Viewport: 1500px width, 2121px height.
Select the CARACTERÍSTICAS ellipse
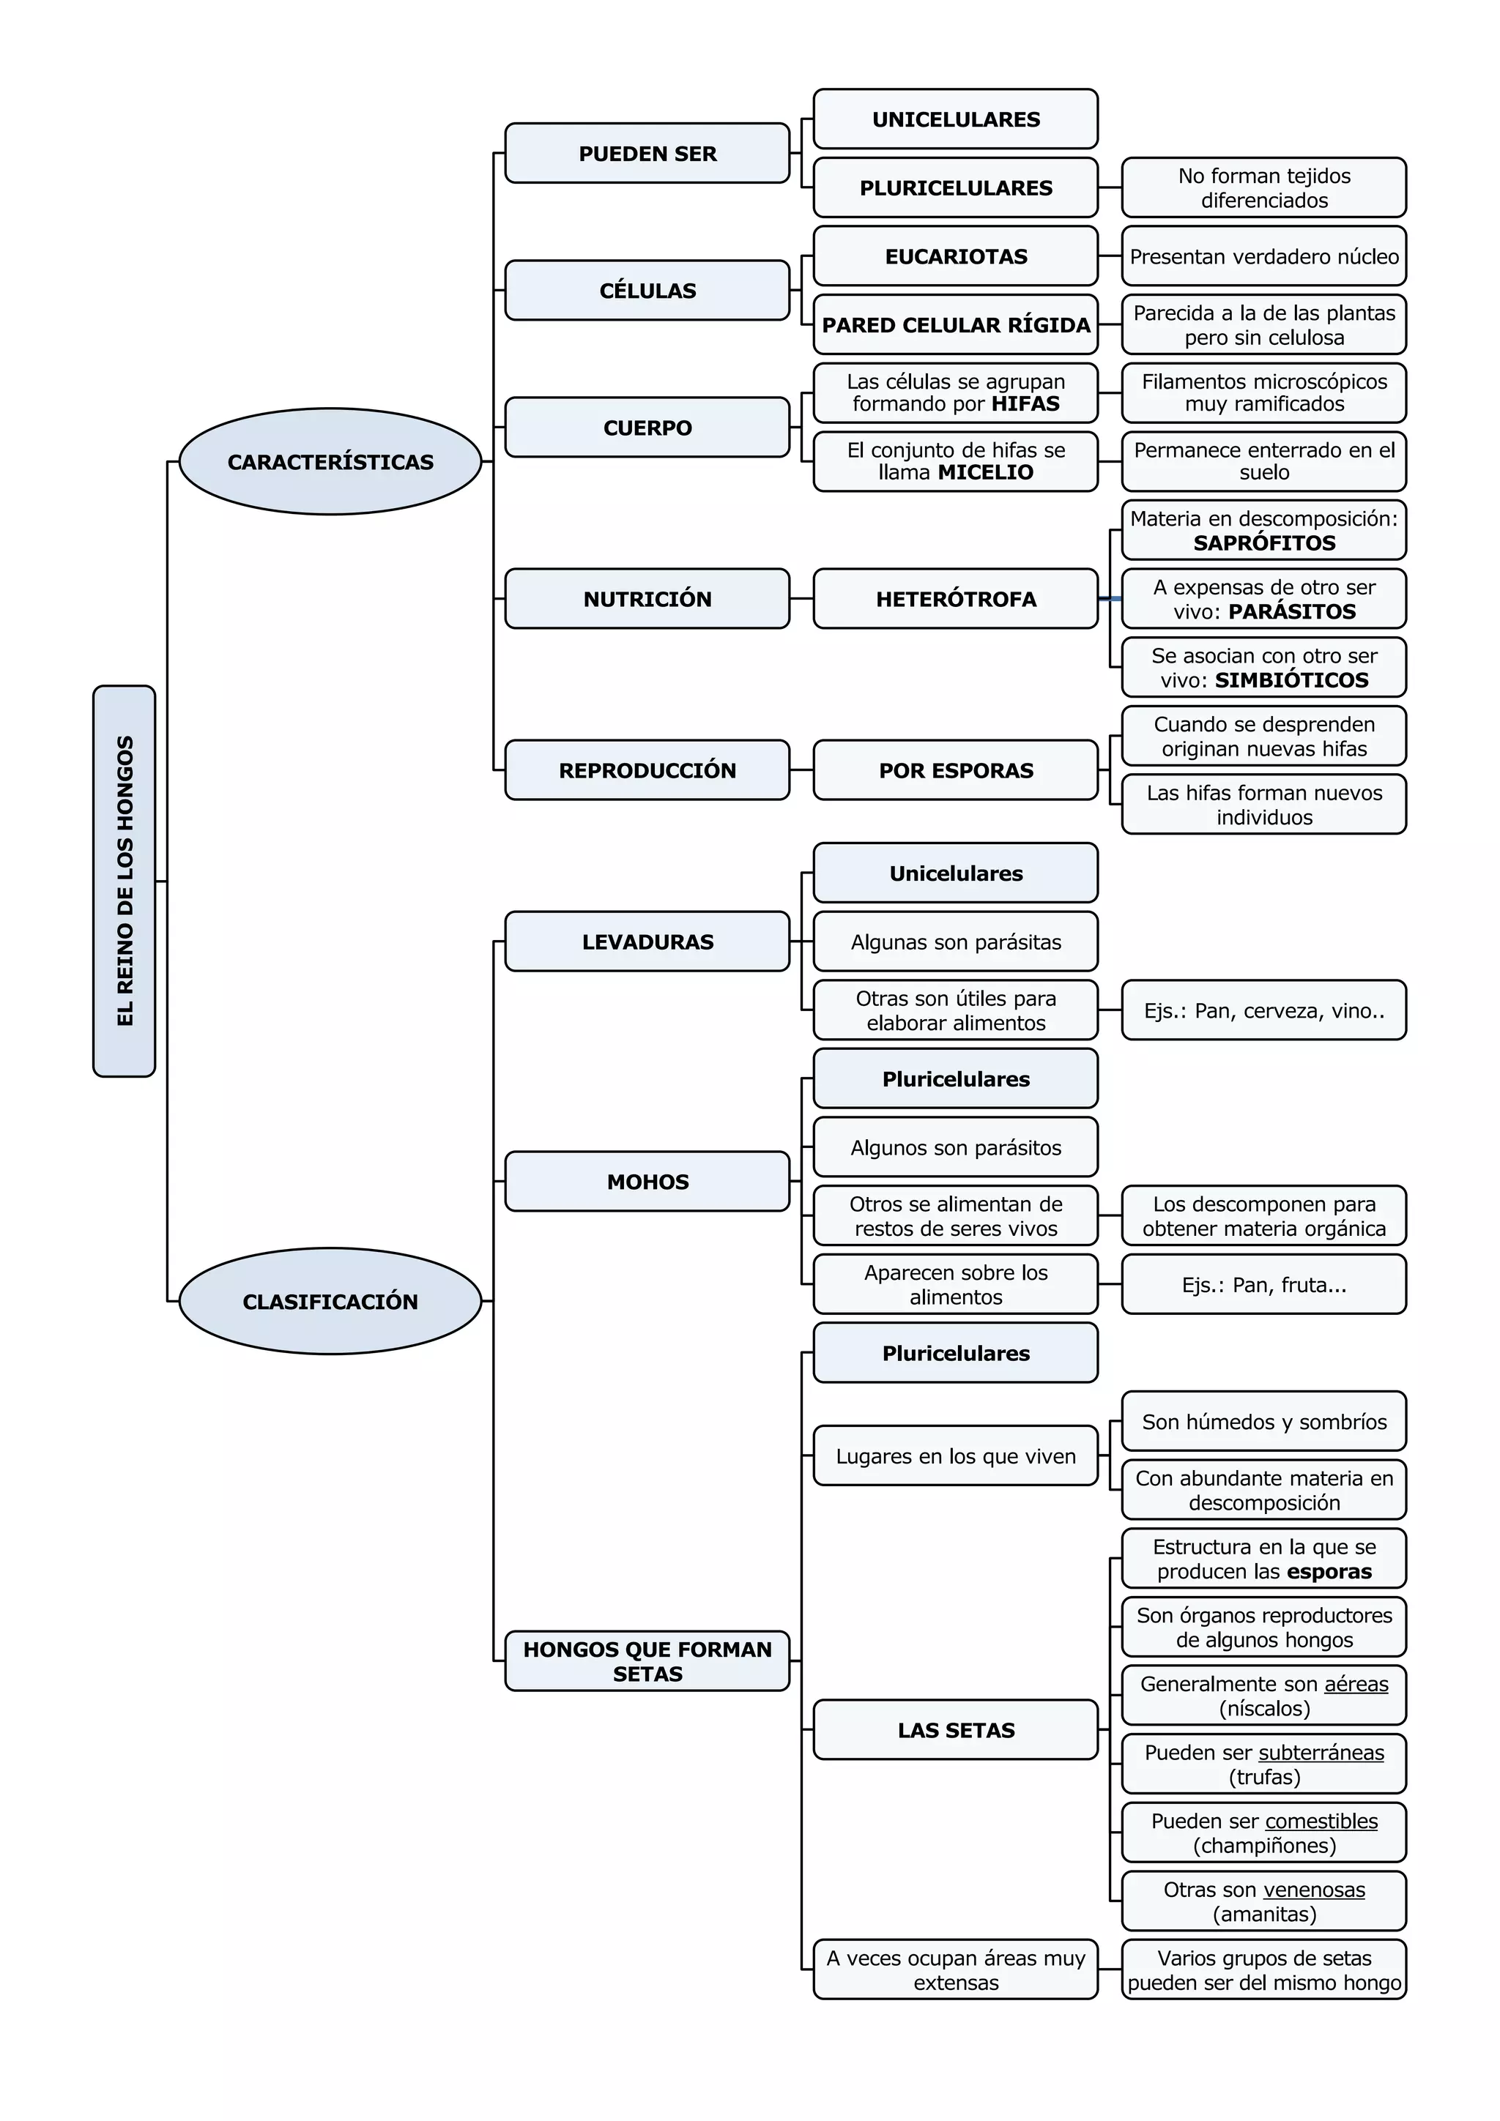tap(330, 462)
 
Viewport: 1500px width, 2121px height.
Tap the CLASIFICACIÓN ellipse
tap(330, 1301)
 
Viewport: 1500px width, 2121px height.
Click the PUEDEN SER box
tap(647, 153)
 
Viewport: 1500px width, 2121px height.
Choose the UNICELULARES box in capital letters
tap(956, 119)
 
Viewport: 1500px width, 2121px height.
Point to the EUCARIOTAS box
tap(956, 256)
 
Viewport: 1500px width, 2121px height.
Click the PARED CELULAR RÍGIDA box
tap(956, 325)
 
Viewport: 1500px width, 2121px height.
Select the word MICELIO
tap(985, 473)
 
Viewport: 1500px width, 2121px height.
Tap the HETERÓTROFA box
tap(956, 599)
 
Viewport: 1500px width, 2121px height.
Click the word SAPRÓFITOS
tap(1263, 543)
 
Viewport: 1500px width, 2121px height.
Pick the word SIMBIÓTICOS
tap(1291, 681)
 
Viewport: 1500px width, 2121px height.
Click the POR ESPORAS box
tap(956, 769)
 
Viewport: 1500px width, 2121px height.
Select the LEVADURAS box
tap(647, 942)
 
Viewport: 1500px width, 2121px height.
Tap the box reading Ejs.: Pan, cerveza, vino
tap(1263, 1010)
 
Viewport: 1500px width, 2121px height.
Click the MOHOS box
tap(647, 1182)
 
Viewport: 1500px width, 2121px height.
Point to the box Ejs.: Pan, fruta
tap(1263, 1285)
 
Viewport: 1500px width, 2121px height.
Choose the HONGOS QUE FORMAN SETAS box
tap(647, 1661)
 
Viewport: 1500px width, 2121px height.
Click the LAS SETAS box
tap(956, 1730)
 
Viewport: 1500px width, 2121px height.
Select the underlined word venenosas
tap(1313, 1890)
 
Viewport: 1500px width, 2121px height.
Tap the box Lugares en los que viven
tap(956, 1456)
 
